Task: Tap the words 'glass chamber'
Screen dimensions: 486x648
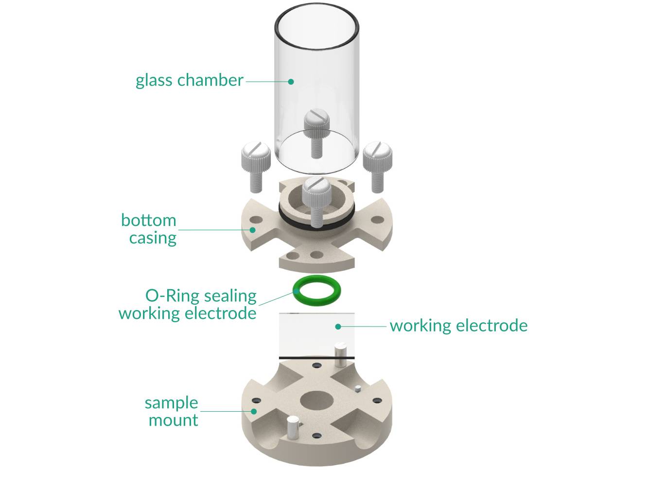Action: click(x=189, y=80)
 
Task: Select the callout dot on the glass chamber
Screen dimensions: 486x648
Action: click(x=291, y=82)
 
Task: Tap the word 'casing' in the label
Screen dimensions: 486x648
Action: click(x=153, y=238)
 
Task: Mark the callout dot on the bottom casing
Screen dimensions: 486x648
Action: click(x=252, y=229)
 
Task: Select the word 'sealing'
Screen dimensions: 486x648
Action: click(x=230, y=296)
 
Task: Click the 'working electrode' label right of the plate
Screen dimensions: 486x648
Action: click(x=458, y=326)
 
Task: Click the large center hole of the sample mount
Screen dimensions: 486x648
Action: click(x=316, y=400)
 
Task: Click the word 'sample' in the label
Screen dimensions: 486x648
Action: click(x=171, y=403)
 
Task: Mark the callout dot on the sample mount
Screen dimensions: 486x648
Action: click(x=253, y=411)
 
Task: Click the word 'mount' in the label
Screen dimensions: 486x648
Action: click(x=173, y=420)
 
